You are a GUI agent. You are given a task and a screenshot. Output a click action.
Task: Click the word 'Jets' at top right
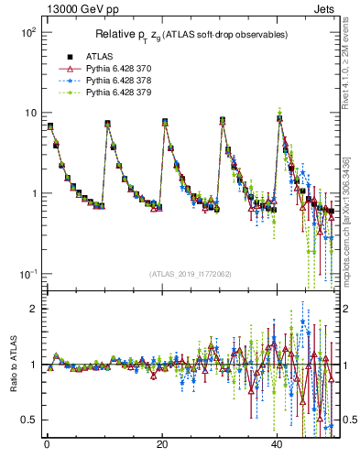[x=327, y=7]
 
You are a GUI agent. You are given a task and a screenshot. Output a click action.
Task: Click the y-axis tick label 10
[x=29, y=113]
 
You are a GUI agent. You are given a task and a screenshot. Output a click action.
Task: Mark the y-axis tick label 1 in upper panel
[x=33, y=193]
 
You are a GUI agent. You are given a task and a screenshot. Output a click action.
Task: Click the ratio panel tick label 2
[x=33, y=309]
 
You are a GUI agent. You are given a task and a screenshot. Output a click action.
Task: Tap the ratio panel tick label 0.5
[x=29, y=420]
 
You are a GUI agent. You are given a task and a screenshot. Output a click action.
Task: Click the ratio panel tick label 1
[x=33, y=365]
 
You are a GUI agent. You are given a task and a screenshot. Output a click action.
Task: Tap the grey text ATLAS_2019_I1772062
[x=190, y=274]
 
